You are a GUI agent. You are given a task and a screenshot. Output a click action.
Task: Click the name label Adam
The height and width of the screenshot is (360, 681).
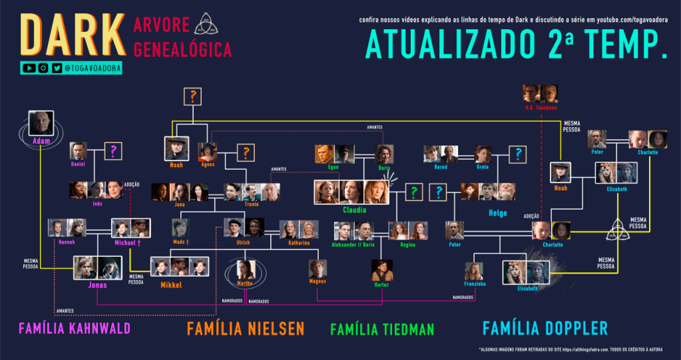pos(40,141)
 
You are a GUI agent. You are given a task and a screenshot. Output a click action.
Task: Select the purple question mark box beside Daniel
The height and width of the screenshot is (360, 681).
pos(114,152)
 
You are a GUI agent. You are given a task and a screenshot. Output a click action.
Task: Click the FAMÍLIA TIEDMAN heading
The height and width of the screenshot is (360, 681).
pos(381,329)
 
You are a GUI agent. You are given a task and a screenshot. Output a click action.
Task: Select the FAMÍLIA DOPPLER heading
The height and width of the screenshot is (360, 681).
pos(545,328)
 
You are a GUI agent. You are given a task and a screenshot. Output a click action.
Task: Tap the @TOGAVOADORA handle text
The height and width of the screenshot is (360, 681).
pos(93,68)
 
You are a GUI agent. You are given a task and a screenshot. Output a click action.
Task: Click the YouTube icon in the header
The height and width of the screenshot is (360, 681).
pos(29,68)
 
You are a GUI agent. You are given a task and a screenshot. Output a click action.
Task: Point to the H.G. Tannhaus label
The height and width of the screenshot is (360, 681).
pos(540,107)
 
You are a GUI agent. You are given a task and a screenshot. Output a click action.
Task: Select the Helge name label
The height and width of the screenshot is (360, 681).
pos(497,213)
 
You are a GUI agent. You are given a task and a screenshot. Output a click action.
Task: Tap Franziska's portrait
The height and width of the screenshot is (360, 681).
pos(473,270)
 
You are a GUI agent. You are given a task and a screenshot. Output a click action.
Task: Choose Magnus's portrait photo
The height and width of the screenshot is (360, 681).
pos(318,269)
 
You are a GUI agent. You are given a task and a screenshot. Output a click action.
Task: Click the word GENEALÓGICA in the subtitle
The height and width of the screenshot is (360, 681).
pos(182,49)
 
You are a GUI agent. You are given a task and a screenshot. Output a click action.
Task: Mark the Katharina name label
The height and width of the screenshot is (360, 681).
pos(299,243)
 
